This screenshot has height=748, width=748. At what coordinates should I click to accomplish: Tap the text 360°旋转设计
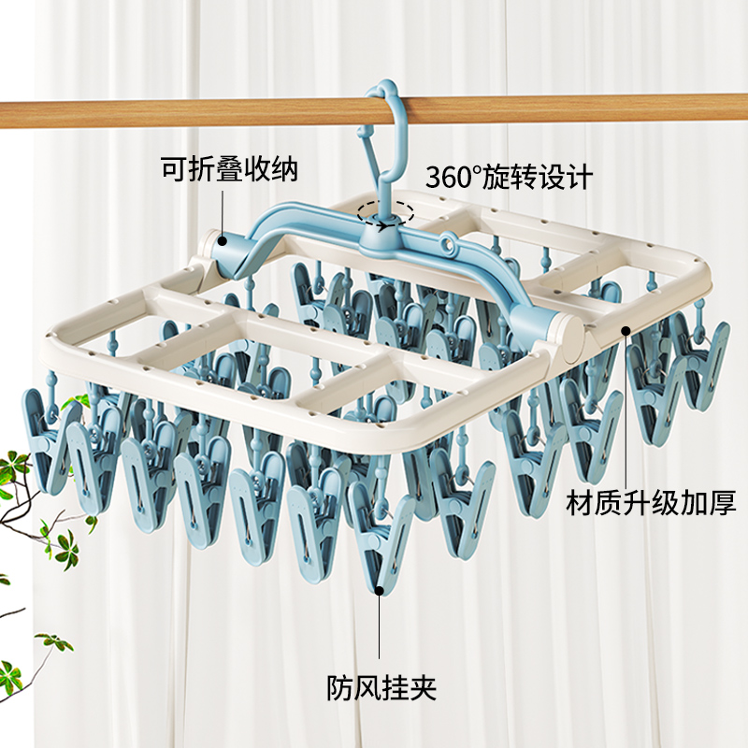[509, 177]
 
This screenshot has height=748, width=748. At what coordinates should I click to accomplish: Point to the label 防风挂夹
[381, 689]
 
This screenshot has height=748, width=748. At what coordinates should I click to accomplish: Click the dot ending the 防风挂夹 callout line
[381, 589]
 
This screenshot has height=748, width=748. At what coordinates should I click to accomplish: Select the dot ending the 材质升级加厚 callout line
[625, 328]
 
